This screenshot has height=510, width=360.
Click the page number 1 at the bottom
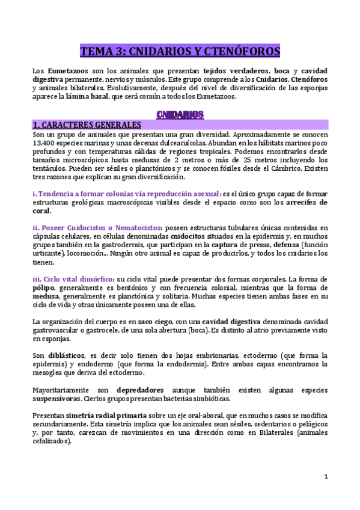[325, 477]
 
